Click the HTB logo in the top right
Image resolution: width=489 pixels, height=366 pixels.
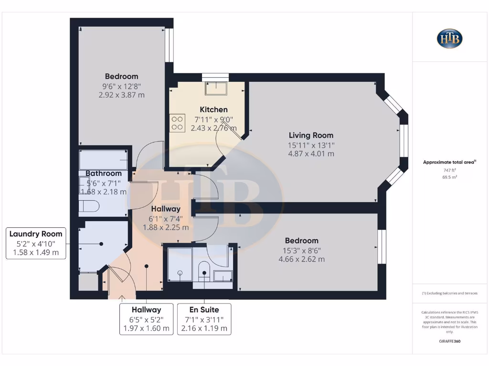pos(449,39)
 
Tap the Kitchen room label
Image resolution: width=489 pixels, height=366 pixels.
pos(213,110)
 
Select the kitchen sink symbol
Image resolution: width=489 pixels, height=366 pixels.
pos(216,88)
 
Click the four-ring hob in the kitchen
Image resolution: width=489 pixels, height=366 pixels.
pos(177,123)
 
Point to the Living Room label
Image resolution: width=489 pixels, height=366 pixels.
pos(311,135)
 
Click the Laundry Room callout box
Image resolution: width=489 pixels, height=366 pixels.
pos(36,243)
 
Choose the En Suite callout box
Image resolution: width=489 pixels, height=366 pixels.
pos(204,319)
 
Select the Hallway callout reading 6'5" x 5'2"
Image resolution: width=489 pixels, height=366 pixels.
pos(146,319)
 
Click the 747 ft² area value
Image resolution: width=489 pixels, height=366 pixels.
pos(449,170)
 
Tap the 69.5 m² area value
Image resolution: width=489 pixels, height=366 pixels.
pos(449,176)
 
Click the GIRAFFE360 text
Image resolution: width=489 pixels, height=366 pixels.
pos(449,341)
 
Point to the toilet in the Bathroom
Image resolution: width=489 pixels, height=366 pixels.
pos(90,206)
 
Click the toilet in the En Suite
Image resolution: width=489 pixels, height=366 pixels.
pos(204,270)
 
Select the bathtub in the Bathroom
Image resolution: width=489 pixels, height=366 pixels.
pos(103,160)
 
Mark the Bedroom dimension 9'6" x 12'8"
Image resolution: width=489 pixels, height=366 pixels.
pos(121,86)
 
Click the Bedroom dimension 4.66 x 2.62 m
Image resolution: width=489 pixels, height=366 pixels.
pos(301,259)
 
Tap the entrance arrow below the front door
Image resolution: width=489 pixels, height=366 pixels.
pos(121,298)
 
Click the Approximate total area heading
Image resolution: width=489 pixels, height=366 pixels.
pos(449,163)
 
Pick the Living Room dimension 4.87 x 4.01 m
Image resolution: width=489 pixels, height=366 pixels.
pos(311,153)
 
